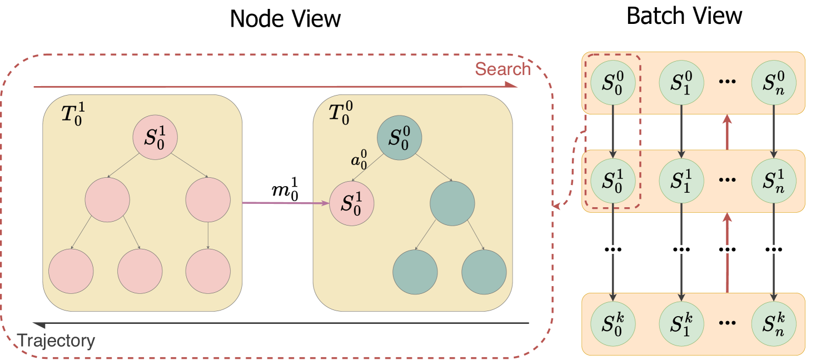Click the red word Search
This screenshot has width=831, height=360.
502,69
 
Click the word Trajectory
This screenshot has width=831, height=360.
56,341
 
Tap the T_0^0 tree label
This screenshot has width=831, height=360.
341,113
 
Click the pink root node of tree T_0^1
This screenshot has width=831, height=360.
154,138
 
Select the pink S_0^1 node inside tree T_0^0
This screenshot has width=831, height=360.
352,203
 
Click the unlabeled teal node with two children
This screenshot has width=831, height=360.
452,203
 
